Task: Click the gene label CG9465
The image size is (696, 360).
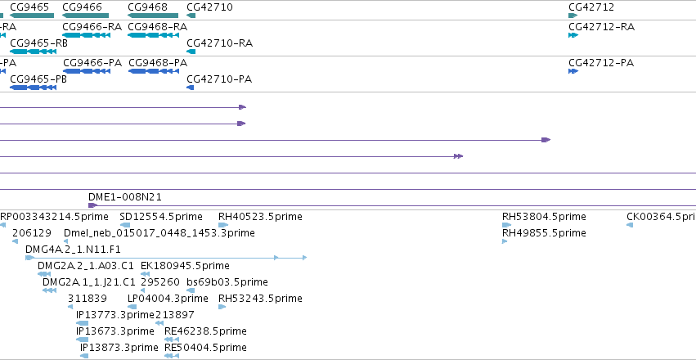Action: [29, 7]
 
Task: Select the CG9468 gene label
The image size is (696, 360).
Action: [147, 7]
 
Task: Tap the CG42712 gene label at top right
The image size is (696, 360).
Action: [591, 7]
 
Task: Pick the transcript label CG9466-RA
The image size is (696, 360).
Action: [92, 27]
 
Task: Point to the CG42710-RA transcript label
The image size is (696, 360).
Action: [219, 43]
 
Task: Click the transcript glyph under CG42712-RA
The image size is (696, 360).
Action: [573, 35]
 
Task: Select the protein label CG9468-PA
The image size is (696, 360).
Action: [158, 62]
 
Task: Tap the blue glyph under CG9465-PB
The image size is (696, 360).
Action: [33, 88]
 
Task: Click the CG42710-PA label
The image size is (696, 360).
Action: [219, 79]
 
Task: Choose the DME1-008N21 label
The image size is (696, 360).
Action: [125, 197]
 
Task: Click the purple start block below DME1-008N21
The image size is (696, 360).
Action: [92, 205]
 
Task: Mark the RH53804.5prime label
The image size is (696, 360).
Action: [544, 217]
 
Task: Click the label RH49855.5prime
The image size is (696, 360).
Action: [544, 233]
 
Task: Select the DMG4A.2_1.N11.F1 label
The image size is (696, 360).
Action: [73, 249]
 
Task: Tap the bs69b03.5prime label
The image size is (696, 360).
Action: [227, 282]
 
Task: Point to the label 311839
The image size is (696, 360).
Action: [87, 299]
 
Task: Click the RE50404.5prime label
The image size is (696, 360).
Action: [205, 347]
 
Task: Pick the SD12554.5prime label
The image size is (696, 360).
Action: [160, 217]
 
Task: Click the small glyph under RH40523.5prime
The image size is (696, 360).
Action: [222, 225]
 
